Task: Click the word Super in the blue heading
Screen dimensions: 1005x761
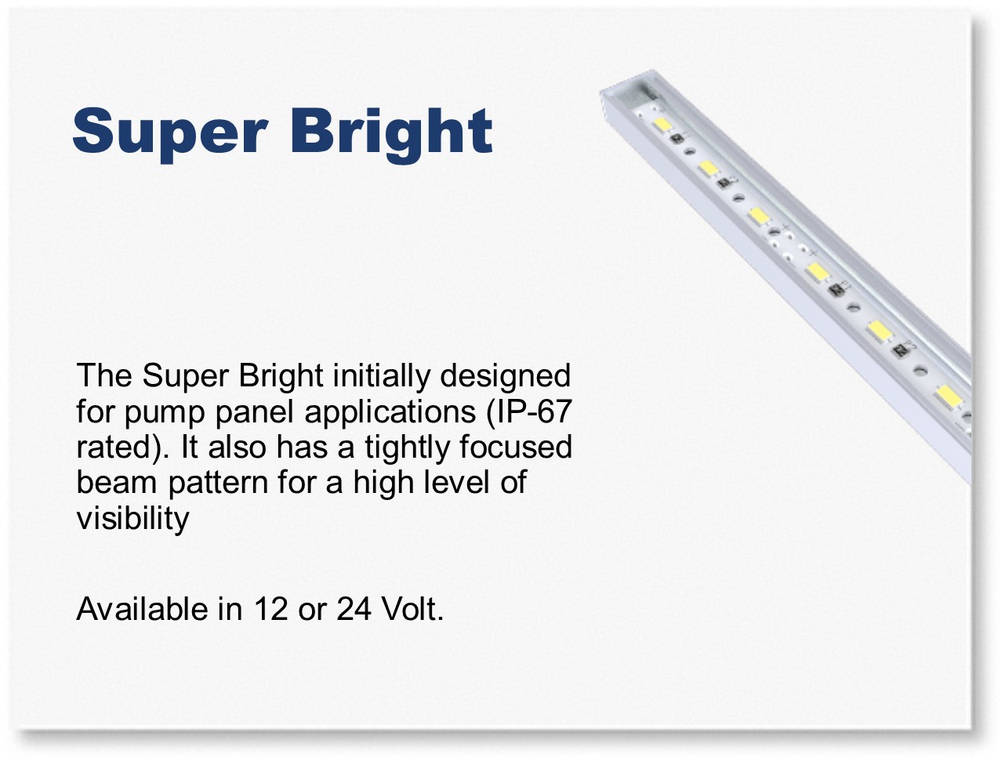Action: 170,133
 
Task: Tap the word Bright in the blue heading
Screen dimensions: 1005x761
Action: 391,133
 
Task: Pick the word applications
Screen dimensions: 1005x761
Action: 390,412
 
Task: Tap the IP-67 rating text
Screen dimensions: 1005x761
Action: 529,411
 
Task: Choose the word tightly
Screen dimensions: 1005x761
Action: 407,448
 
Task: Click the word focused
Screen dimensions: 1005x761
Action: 516,447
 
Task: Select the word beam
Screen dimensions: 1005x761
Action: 117,482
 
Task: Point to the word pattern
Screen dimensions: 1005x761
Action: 219,484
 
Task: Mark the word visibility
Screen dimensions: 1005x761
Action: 132,519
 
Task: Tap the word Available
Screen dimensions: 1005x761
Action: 142,609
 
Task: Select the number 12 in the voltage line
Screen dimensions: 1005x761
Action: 271,610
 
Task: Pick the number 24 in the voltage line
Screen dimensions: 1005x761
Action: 354,610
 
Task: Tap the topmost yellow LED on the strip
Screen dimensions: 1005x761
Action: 662,125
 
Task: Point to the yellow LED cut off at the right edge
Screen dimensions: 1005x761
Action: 949,397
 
